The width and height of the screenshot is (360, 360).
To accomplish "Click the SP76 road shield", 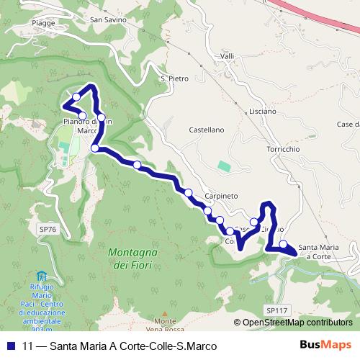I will [47, 229].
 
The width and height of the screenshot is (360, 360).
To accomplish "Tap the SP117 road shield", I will [277, 310].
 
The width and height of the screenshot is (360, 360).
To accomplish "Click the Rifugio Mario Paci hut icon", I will [41, 276].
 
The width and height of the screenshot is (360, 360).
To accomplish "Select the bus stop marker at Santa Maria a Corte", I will [284, 244].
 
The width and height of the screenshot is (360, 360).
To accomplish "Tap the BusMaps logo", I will [330, 344].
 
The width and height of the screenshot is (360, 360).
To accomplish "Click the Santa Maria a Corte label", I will [319, 250].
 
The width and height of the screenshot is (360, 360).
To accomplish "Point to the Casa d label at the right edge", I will [348, 125].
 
